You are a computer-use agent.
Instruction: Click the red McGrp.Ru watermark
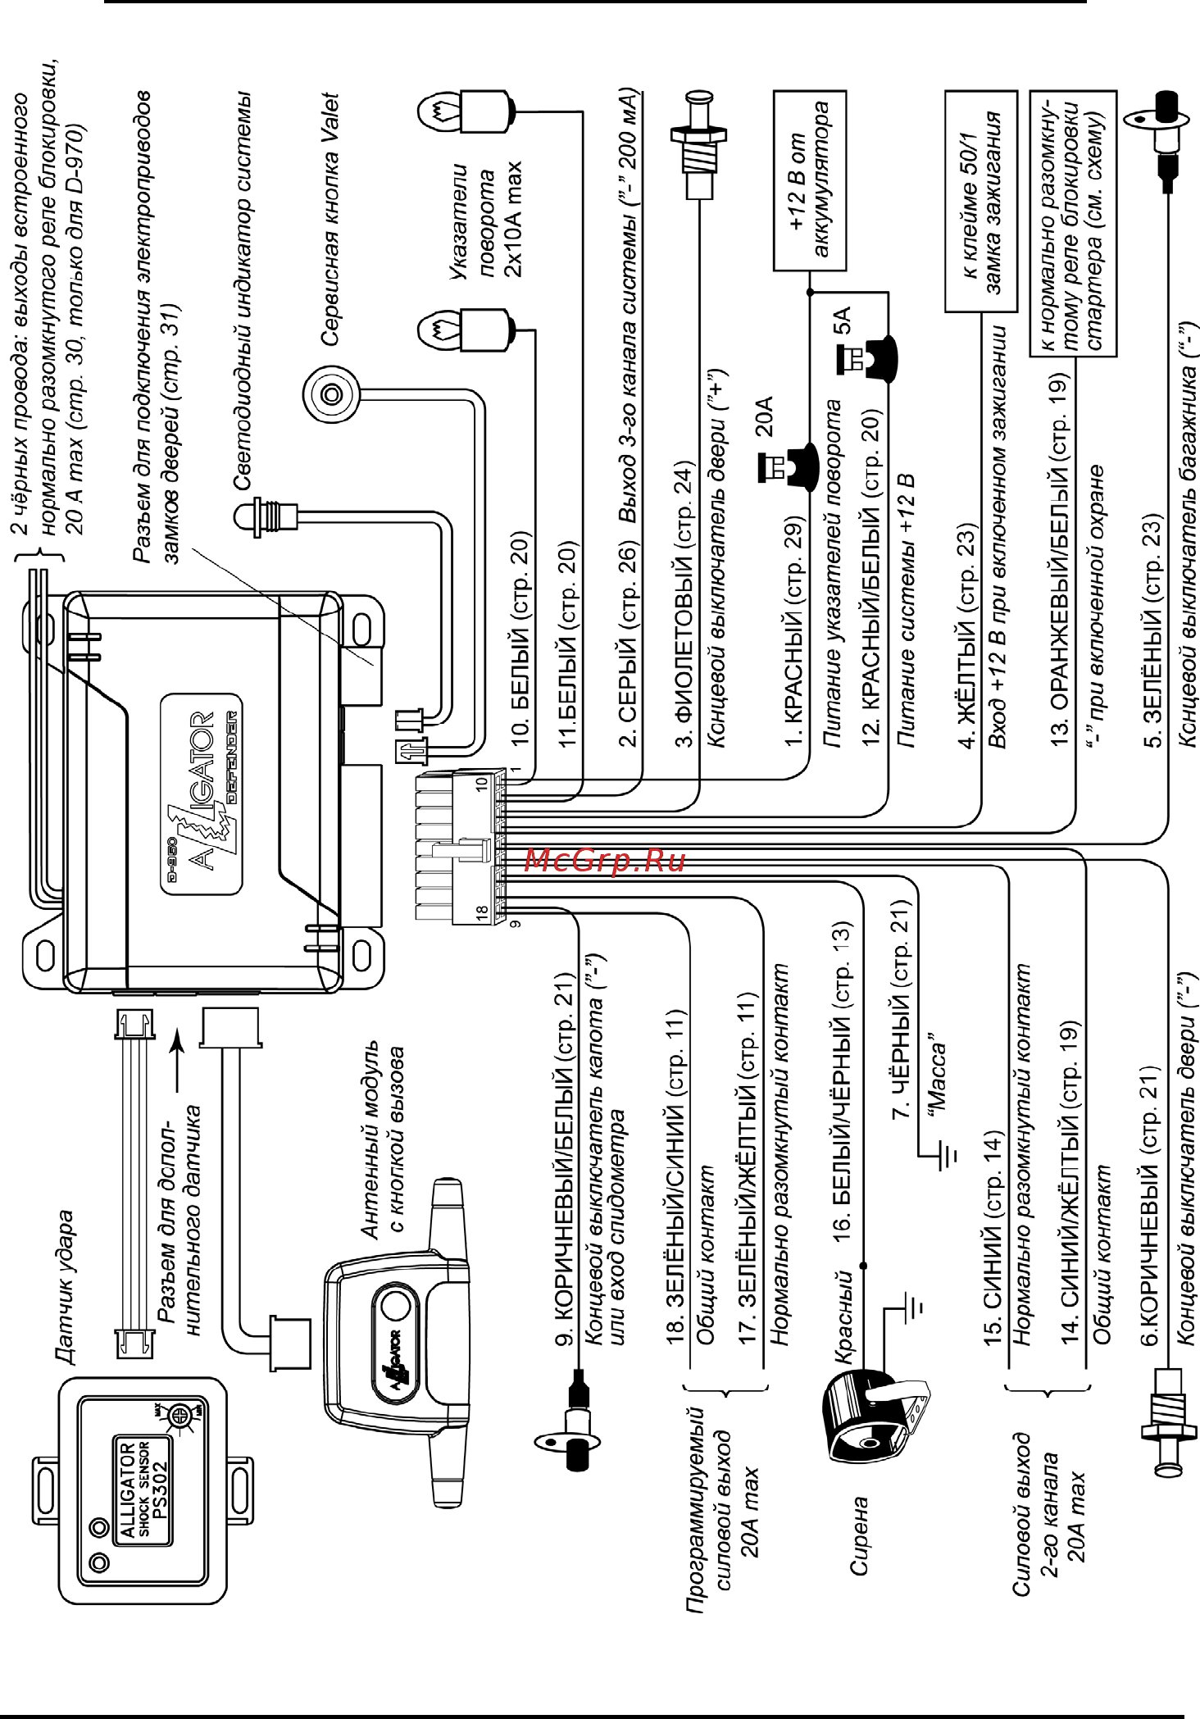604,860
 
